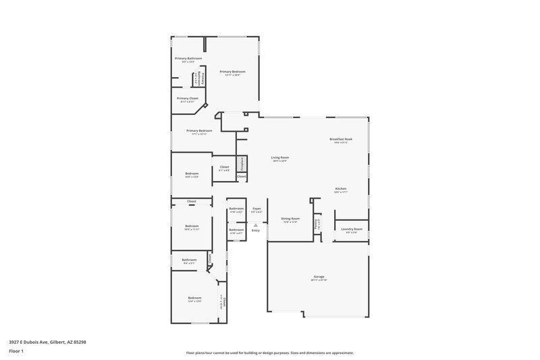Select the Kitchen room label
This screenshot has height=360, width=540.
tap(341, 188)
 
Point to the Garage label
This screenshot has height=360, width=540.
tap(319, 276)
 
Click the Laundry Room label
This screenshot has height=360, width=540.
tap(352, 229)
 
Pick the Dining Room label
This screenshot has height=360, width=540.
tap(290, 218)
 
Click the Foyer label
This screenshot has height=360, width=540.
tap(256, 209)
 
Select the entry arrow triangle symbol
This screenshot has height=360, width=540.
tap(256, 225)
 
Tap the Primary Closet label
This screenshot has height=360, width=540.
tap(188, 98)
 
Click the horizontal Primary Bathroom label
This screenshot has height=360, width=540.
tap(188, 58)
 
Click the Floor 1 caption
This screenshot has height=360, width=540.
tap(17, 352)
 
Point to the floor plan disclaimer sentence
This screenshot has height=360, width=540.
tap(269, 353)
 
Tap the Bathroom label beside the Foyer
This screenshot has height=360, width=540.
tap(236, 209)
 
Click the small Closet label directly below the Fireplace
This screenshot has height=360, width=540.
tap(241, 176)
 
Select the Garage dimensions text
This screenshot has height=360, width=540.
tap(319, 280)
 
